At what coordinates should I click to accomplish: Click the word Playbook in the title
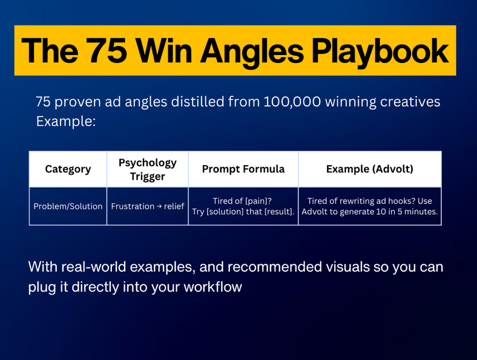click(380, 51)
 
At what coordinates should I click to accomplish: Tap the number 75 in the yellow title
click(106, 50)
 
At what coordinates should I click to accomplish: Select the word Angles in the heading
click(252, 51)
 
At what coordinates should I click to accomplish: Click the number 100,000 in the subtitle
click(292, 102)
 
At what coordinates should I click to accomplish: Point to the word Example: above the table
click(66, 122)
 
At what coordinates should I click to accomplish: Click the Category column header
click(68, 169)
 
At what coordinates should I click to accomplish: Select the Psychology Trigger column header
click(148, 169)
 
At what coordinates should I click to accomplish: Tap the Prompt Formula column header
click(243, 169)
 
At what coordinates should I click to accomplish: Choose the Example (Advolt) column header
click(370, 169)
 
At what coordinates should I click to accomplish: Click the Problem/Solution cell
click(68, 206)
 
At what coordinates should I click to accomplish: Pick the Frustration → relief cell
click(148, 206)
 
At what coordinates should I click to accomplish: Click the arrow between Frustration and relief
click(159, 206)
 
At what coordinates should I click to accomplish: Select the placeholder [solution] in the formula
click(225, 212)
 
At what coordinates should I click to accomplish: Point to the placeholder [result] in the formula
click(278, 212)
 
